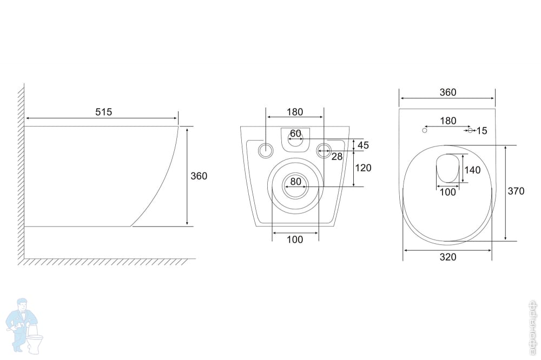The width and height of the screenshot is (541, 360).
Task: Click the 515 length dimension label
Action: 103,112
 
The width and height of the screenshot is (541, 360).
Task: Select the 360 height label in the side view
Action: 199,176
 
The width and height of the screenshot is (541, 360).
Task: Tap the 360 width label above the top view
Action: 448,92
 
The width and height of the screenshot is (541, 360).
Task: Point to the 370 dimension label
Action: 516,191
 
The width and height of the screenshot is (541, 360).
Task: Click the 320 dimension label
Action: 448,257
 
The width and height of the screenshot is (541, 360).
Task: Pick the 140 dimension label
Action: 472,170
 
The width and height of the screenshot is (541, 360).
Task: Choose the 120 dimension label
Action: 363,168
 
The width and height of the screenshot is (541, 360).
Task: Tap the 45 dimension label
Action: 364,145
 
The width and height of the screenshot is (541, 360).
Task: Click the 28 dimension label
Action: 337,157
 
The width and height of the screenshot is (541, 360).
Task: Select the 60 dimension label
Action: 296,133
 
